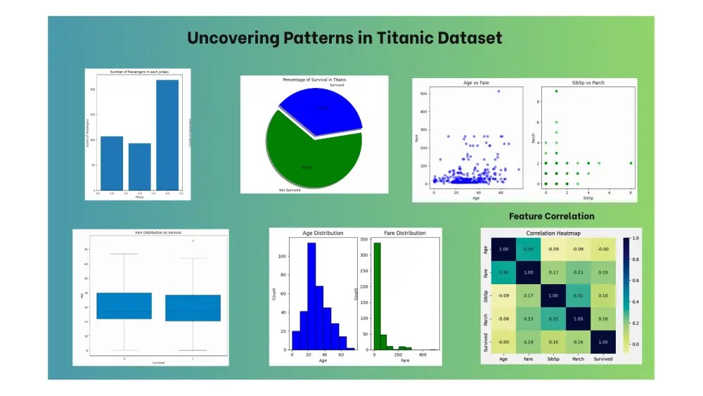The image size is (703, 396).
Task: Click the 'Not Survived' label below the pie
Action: [284, 190]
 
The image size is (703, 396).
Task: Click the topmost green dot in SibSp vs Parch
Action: [556, 91]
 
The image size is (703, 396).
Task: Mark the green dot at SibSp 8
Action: [631, 163]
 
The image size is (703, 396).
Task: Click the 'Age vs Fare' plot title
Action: [477, 83]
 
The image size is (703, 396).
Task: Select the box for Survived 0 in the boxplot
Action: [124, 305]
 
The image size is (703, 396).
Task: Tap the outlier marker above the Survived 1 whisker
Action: [193, 241]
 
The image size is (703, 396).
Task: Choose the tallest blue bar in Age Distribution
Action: [311, 295]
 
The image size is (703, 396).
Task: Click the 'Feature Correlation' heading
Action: [551, 217]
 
